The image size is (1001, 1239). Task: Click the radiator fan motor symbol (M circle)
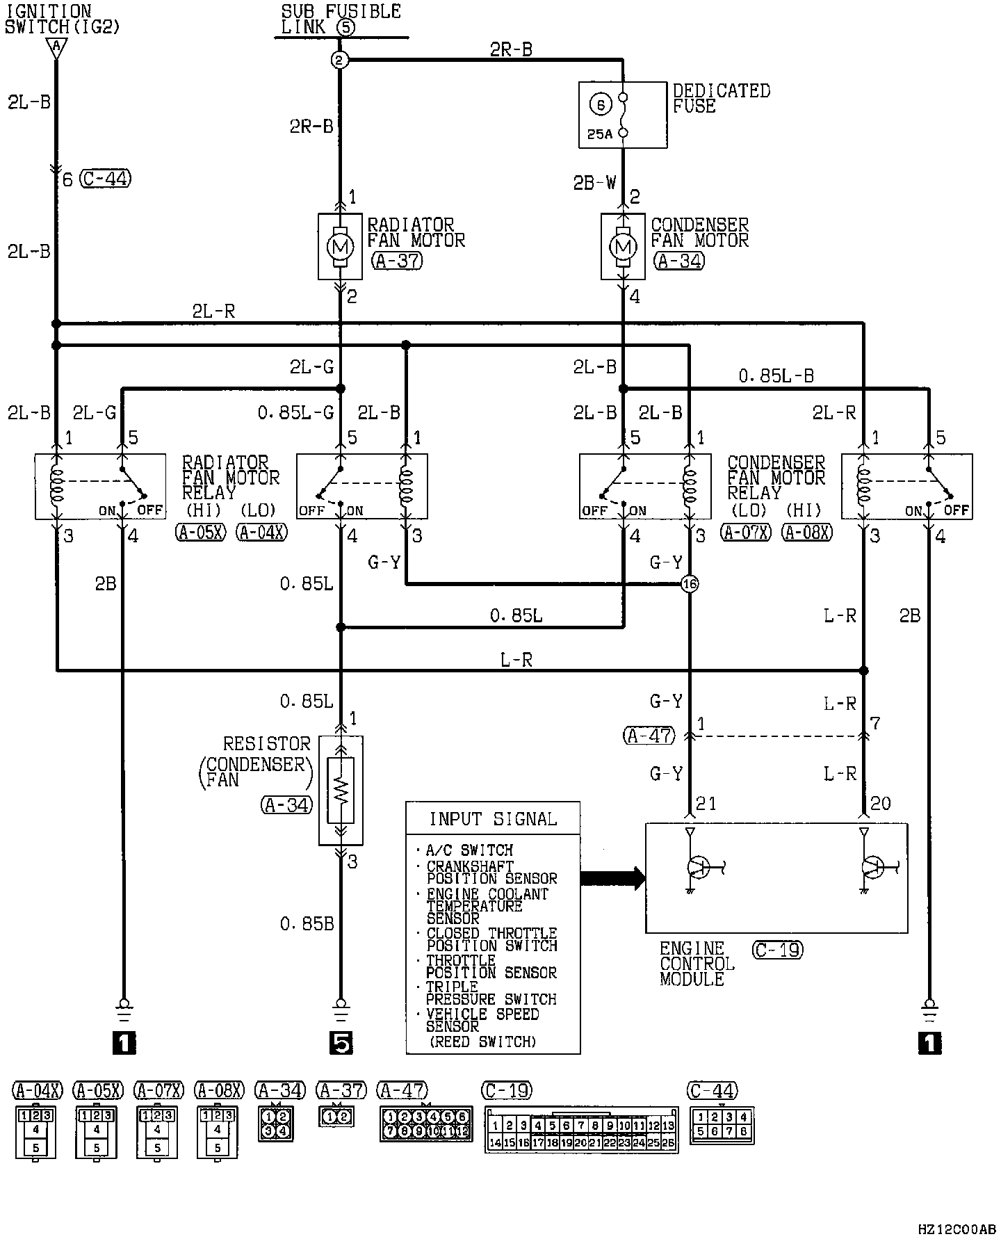[340, 246]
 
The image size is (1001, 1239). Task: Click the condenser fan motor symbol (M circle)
[623, 246]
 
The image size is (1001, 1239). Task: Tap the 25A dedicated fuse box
[623, 115]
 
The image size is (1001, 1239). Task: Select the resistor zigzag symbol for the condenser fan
[341, 790]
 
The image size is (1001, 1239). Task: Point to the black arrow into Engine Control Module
[612, 877]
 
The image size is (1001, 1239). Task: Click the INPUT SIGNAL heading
[493, 819]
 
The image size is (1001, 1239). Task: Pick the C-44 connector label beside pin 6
[106, 179]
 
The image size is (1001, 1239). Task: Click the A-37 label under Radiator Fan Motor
[397, 261]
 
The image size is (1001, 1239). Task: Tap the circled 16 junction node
[690, 584]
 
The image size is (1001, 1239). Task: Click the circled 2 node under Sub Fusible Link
[339, 60]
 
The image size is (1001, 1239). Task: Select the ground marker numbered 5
[341, 1043]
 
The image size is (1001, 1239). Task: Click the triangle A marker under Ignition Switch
[56, 47]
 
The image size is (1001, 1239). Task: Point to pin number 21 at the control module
[706, 804]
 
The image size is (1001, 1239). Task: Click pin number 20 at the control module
[880, 804]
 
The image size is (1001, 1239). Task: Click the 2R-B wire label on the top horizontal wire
[511, 49]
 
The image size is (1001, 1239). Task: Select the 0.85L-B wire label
[776, 376]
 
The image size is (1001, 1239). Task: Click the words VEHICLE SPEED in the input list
[482, 1014]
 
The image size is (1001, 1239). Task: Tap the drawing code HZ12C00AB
[957, 1229]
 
